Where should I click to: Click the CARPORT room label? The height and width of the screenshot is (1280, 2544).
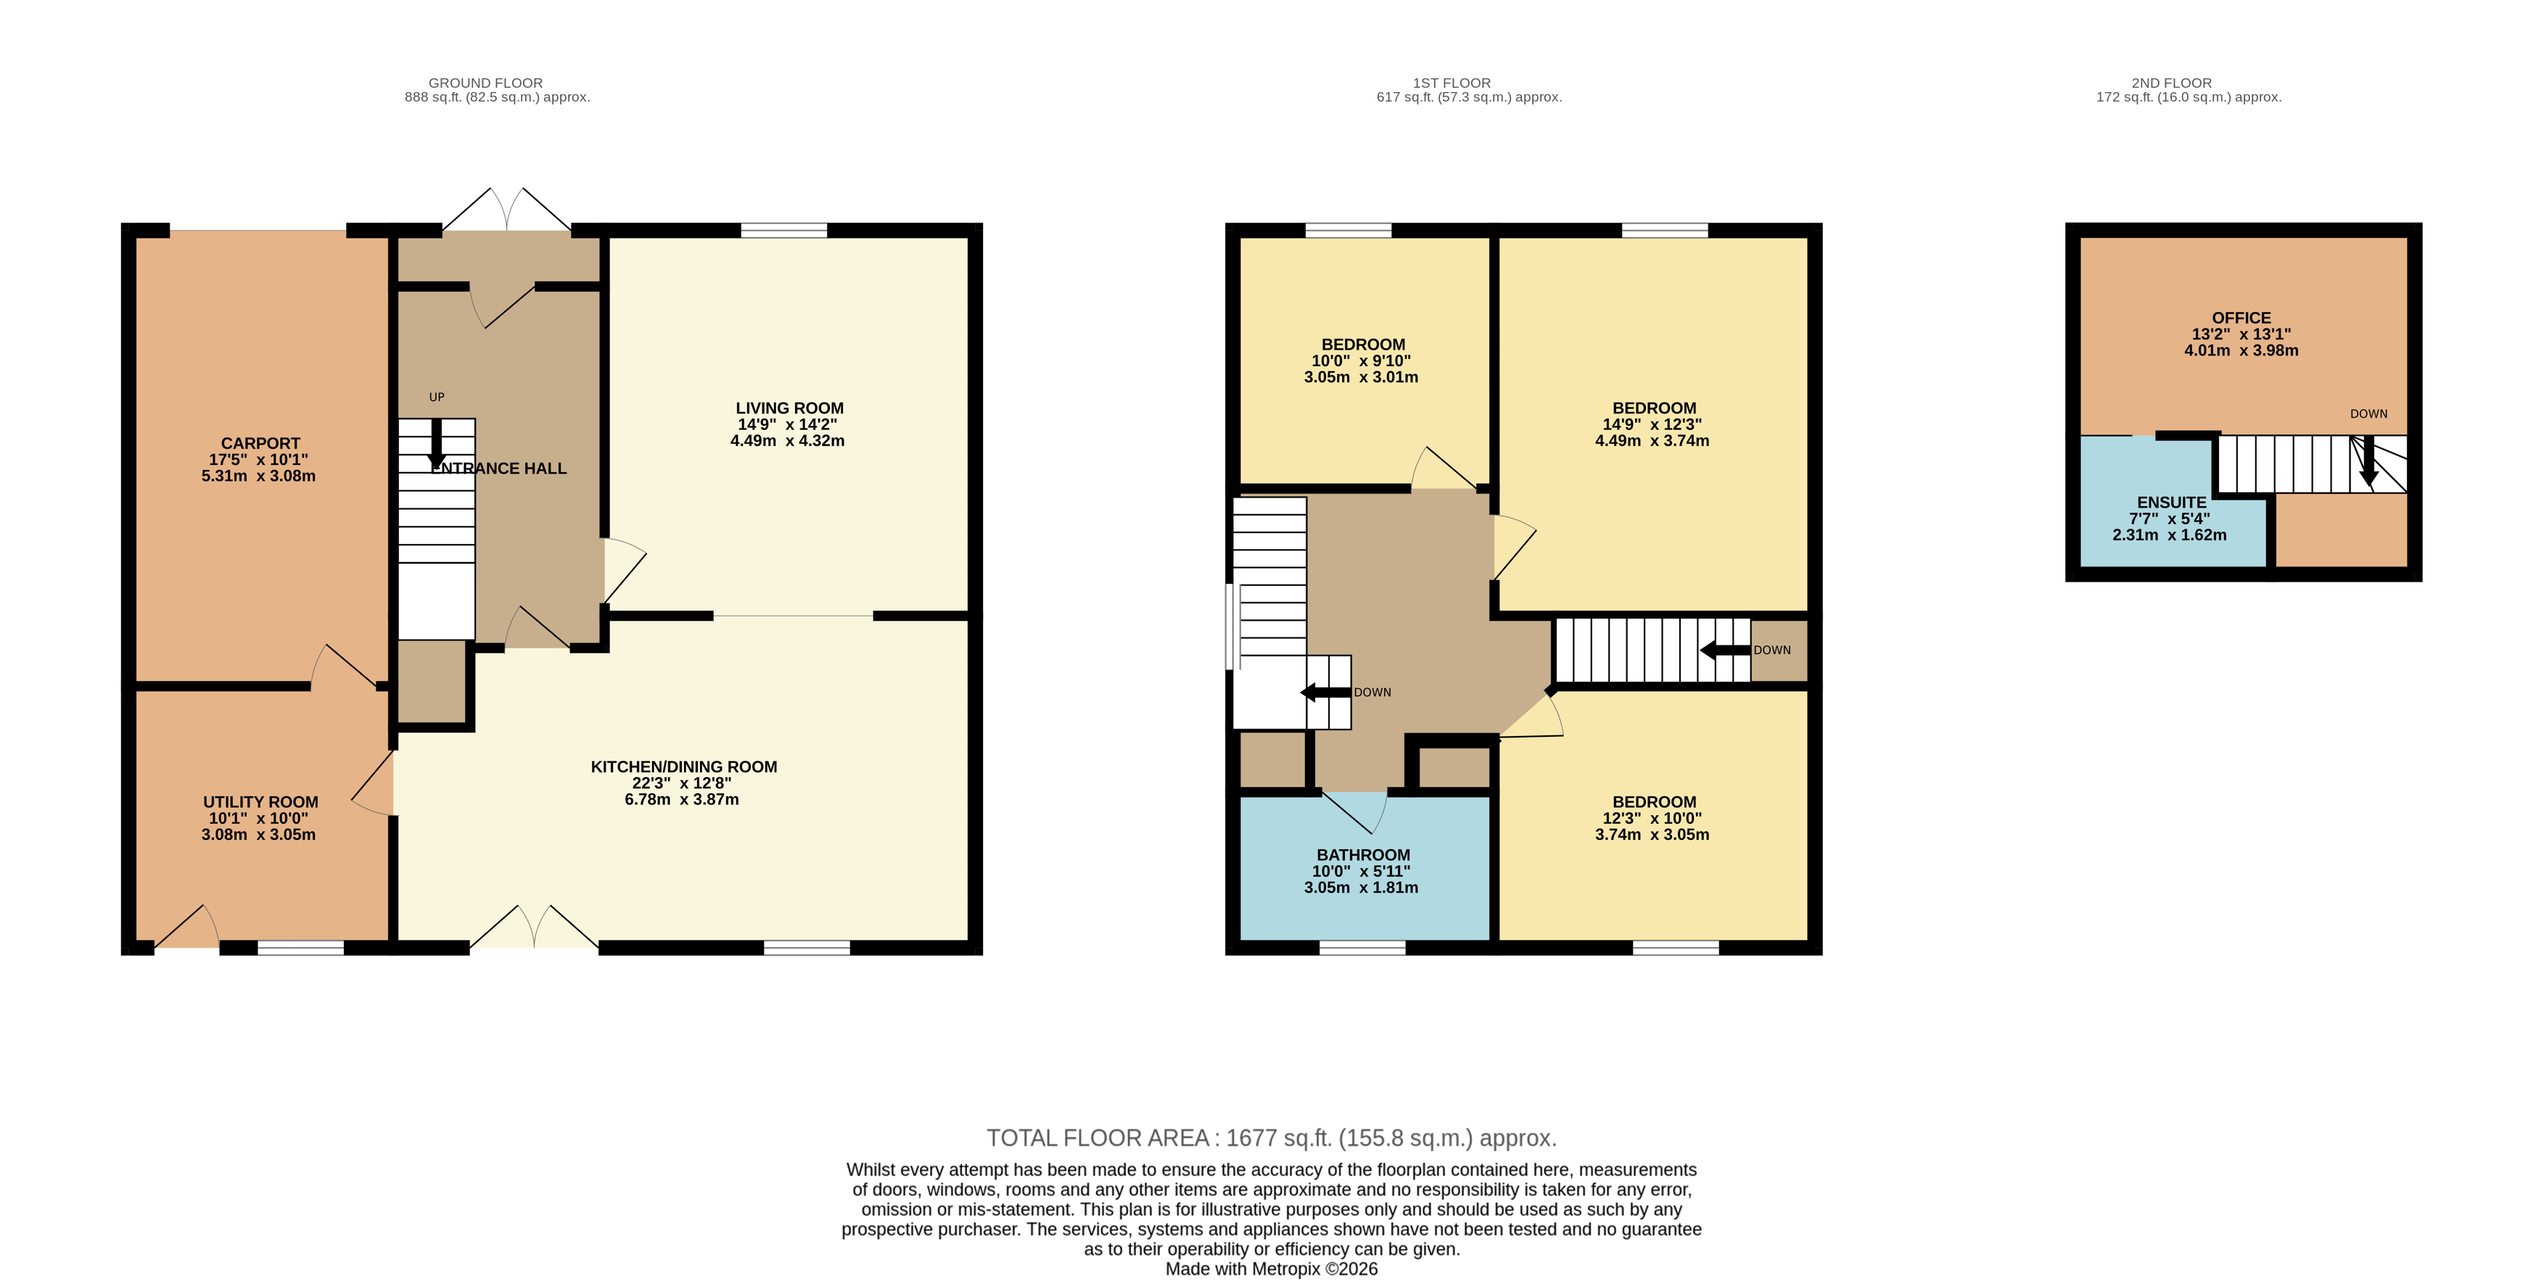(260, 443)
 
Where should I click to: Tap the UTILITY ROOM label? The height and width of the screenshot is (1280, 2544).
(260, 802)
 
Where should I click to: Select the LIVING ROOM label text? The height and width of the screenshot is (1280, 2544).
(789, 408)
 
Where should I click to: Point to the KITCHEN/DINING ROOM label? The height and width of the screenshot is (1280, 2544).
(683, 767)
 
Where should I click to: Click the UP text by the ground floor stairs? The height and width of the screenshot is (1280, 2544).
(437, 397)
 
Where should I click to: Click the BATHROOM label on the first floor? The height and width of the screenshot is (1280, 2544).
(1363, 855)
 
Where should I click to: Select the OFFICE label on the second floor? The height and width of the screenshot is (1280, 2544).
(2241, 318)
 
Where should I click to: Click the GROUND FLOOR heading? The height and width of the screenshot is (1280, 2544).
(486, 83)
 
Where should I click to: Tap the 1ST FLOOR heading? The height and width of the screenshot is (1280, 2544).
(1452, 83)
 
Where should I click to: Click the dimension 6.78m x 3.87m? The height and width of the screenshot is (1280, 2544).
(681, 799)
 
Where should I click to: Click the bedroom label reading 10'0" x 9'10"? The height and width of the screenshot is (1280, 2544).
(1361, 361)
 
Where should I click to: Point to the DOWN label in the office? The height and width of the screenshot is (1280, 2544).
(2368, 414)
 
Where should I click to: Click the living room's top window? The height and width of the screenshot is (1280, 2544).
(784, 230)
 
